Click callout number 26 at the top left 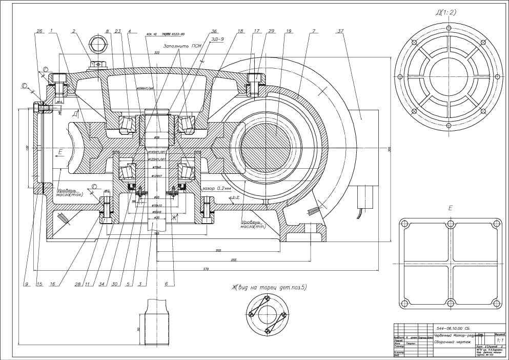pyautogui.click(x=39, y=31)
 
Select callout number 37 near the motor pyautogui.click(x=340, y=31)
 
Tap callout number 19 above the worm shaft pyautogui.click(x=290, y=31)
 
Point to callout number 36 pyautogui.click(x=199, y=31)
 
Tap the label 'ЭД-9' pyautogui.click(x=218, y=38)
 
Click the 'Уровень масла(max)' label pyautogui.click(x=70, y=193)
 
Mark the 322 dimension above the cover pyautogui.click(x=157, y=53)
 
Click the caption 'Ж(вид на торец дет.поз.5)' pyautogui.click(x=269, y=288)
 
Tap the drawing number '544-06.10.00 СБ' pyautogui.click(x=456, y=328)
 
